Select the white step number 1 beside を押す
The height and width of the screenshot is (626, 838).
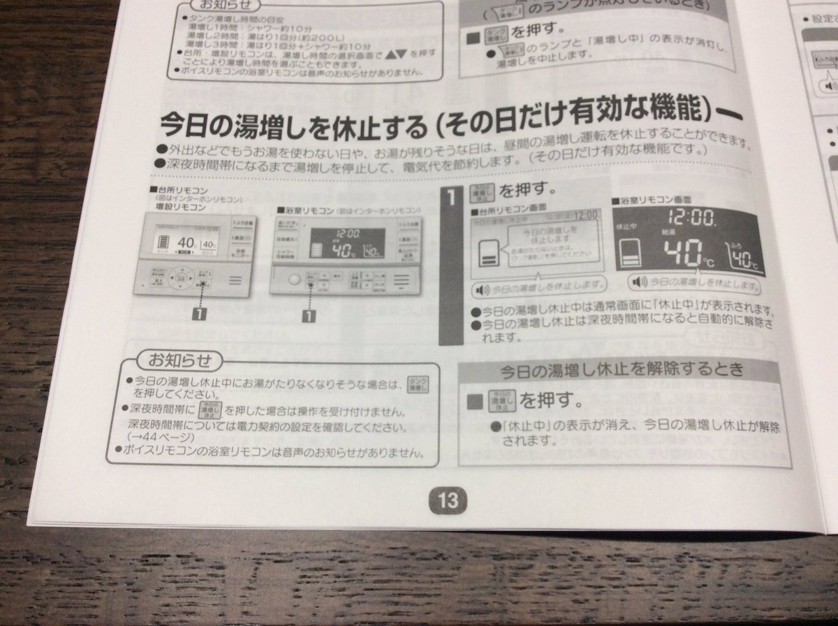(452, 198)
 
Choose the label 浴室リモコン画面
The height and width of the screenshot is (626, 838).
(642, 201)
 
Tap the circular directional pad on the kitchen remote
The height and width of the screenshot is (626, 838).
(180, 278)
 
